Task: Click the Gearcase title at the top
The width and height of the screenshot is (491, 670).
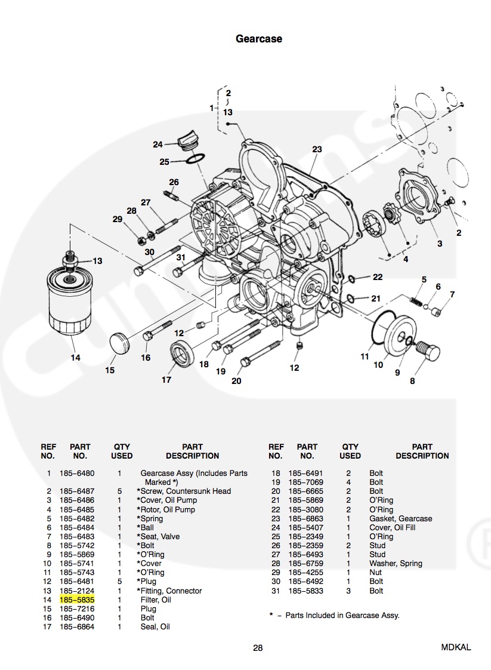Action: coord(258,39)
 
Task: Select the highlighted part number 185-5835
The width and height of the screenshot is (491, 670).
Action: coord(78,600)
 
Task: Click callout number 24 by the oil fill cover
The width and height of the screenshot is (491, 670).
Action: coord(158,145)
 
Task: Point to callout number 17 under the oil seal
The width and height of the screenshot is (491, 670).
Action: coord(166,380)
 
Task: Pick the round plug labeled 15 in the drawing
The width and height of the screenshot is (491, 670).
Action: coord(119,345)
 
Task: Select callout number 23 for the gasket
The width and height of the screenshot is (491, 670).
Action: coord(317,149)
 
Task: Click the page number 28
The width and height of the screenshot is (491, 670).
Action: coord(258,647)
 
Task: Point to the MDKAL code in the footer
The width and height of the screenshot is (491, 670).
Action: coord(456,647)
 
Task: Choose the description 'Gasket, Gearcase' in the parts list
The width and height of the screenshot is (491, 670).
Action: coord(400,518)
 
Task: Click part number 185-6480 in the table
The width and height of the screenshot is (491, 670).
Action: coord(77,473)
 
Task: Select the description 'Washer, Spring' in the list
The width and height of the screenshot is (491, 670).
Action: coord(396,563)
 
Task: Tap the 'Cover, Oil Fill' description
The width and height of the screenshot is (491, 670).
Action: coord(392,527)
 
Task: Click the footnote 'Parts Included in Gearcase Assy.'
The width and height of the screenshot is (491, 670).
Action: coord(342,615)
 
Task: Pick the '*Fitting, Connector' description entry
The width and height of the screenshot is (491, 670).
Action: coord(169,591)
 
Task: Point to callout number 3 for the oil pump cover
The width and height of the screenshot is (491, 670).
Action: coord(440,244)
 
